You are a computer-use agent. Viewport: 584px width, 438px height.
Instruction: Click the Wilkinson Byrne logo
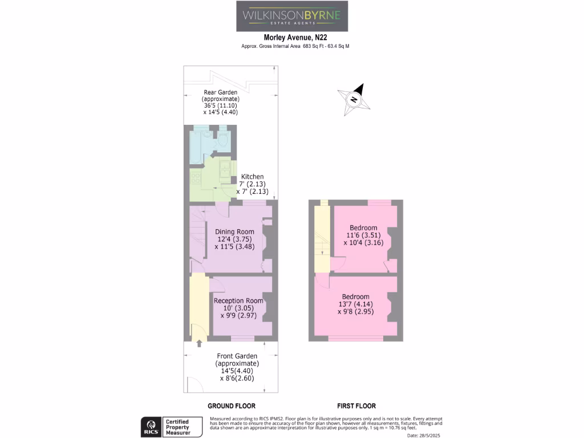pyautogui.click(x=291, y=16)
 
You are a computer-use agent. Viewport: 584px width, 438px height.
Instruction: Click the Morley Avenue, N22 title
pyautogui.click(x=291, y=38)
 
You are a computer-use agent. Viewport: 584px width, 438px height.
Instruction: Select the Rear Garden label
pyautogui.click(x=221, y=102)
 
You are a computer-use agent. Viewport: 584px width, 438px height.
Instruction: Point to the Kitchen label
pyautogui.click(x=252, y=184)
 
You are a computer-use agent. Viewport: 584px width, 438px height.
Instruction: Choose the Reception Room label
pyautogui.click(x=238, y=308)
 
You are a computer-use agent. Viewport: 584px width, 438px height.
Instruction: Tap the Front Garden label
pyautogui.click(x=237, y=367)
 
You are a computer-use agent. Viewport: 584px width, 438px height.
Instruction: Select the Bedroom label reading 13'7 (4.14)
pyautogui.click(x=355, y=304)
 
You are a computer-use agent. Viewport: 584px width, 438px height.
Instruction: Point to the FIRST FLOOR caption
pyautogui.click(x=356, y=406)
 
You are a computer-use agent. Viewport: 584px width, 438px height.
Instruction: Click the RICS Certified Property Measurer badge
pyautogui.click(x=172, y=427)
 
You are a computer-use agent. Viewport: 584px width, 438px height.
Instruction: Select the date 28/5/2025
pyautogui.click(x=425, y=435)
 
